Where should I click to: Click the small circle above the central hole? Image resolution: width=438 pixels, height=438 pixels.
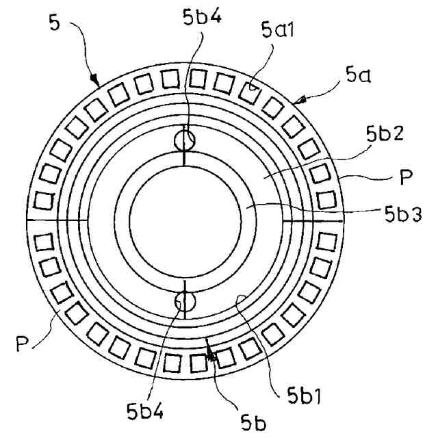tap(185, 140)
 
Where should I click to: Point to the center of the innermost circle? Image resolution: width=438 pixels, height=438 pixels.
tap(185, 220)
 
